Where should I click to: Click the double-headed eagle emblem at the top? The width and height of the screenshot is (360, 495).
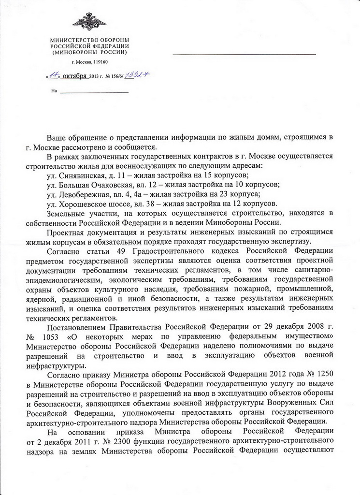pos(89,22)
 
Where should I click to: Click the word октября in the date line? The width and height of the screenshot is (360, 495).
pos(75,76)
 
